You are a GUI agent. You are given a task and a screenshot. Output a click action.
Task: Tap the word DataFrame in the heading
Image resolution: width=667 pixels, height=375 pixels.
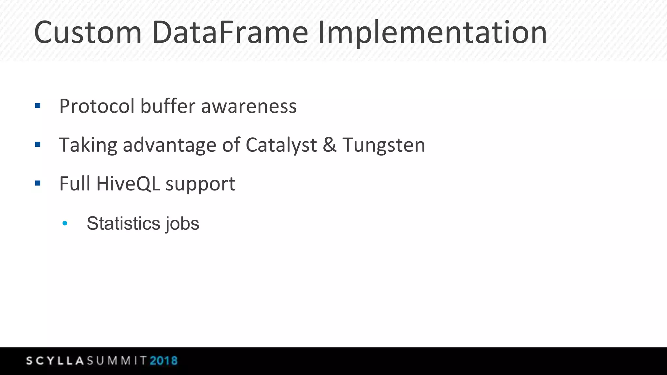pyautogui.click(x=230, y=33)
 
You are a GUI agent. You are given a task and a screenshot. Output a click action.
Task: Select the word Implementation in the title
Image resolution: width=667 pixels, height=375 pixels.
pyautogui.click(x=432, y=33)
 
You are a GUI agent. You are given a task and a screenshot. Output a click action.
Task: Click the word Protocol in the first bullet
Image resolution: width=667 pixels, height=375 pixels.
pyautogui.click(x=97, y=106)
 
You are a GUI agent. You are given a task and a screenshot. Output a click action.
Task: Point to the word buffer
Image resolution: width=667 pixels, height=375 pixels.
pyautogui.click(x=168, y=106)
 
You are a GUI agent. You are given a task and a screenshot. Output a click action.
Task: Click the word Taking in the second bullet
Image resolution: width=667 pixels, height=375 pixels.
pyautogui.click(x=88, y=145)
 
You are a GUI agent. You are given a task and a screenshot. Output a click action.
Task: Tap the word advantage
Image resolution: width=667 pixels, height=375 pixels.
pyautogui.click(x=169, y=145)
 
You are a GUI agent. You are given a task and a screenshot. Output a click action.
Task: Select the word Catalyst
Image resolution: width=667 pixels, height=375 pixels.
pyautogui.click(x=281, y=145)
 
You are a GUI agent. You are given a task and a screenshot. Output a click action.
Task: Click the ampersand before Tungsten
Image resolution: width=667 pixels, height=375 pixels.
pyautogui.click(x=330, y=145)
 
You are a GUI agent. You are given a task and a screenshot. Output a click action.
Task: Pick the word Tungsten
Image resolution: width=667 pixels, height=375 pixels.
pyautogui.click(x=384, y=145)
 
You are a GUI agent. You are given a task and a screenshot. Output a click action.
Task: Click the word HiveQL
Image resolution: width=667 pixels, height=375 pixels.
pyautogui.click(x=128, y=184)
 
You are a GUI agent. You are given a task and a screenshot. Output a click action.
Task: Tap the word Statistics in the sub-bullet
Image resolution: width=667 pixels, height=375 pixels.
pyautogui.click(x=123, y=224)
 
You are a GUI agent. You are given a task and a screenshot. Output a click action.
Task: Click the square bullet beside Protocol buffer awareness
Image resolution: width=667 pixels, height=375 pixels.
pyautogui.click(x=38, y=105)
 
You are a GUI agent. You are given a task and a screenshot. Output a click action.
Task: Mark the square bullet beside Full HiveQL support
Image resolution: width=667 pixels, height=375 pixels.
pyautogui.click(x=38, y=183)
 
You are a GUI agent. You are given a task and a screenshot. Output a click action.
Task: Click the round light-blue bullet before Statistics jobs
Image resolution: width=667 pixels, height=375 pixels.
pyautogui.click(x=65, y=223)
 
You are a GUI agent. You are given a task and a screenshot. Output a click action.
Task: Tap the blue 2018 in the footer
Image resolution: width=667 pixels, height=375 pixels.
pyautogui.click(x=163, y=361)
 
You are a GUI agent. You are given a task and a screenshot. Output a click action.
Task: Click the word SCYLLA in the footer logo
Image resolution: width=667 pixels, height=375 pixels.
pyautogui.click(x=55, y=361)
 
